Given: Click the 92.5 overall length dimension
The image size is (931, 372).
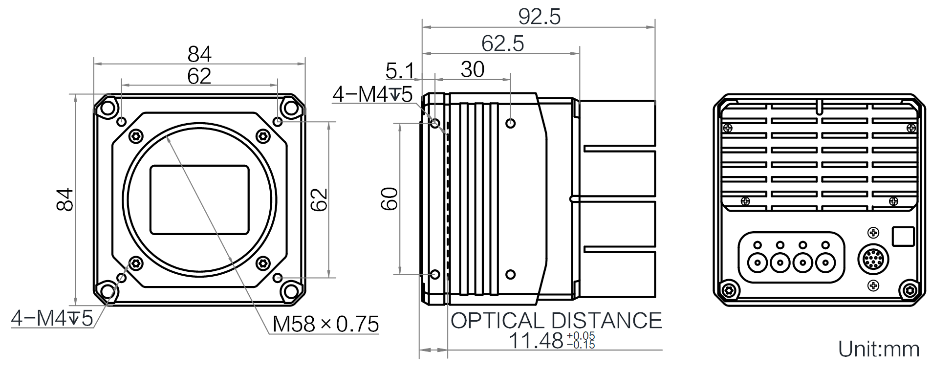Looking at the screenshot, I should coord(539,17).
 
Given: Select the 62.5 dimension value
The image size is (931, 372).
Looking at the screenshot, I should coord(502,44).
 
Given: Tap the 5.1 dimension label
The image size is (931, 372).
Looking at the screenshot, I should coord(399,71).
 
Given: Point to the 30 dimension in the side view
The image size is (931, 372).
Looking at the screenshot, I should coord(472,70).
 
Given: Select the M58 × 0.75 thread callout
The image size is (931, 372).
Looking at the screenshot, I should coord(325,324).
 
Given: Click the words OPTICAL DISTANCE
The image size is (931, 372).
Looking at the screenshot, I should coord(556,321).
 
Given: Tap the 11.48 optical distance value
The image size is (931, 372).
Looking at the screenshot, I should coord(536,340).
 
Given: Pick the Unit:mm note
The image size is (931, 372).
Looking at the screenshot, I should coord(878,349).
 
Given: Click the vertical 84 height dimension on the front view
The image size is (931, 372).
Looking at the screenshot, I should coord(65,199).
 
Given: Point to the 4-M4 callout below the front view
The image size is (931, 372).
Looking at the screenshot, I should coord(52,319).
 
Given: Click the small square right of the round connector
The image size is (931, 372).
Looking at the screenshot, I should coord(903,236).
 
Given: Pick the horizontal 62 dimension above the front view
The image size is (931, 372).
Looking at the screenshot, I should coord(199,76).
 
